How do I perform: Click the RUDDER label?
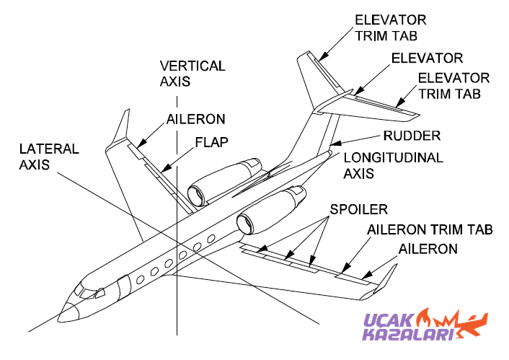click(412, 135)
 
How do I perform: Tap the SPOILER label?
click(358, 209)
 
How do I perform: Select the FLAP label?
click(211, 142)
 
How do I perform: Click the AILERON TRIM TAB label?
click(430, 230)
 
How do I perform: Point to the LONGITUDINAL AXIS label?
click(393, 165)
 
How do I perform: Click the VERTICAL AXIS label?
click(192, 74)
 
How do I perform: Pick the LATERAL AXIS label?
click(48, 157)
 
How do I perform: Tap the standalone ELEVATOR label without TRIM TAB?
click(427, 58)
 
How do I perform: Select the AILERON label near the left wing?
click(195, 118)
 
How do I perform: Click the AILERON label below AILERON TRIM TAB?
click(428, 249)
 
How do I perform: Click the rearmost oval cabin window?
click(211, 239)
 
